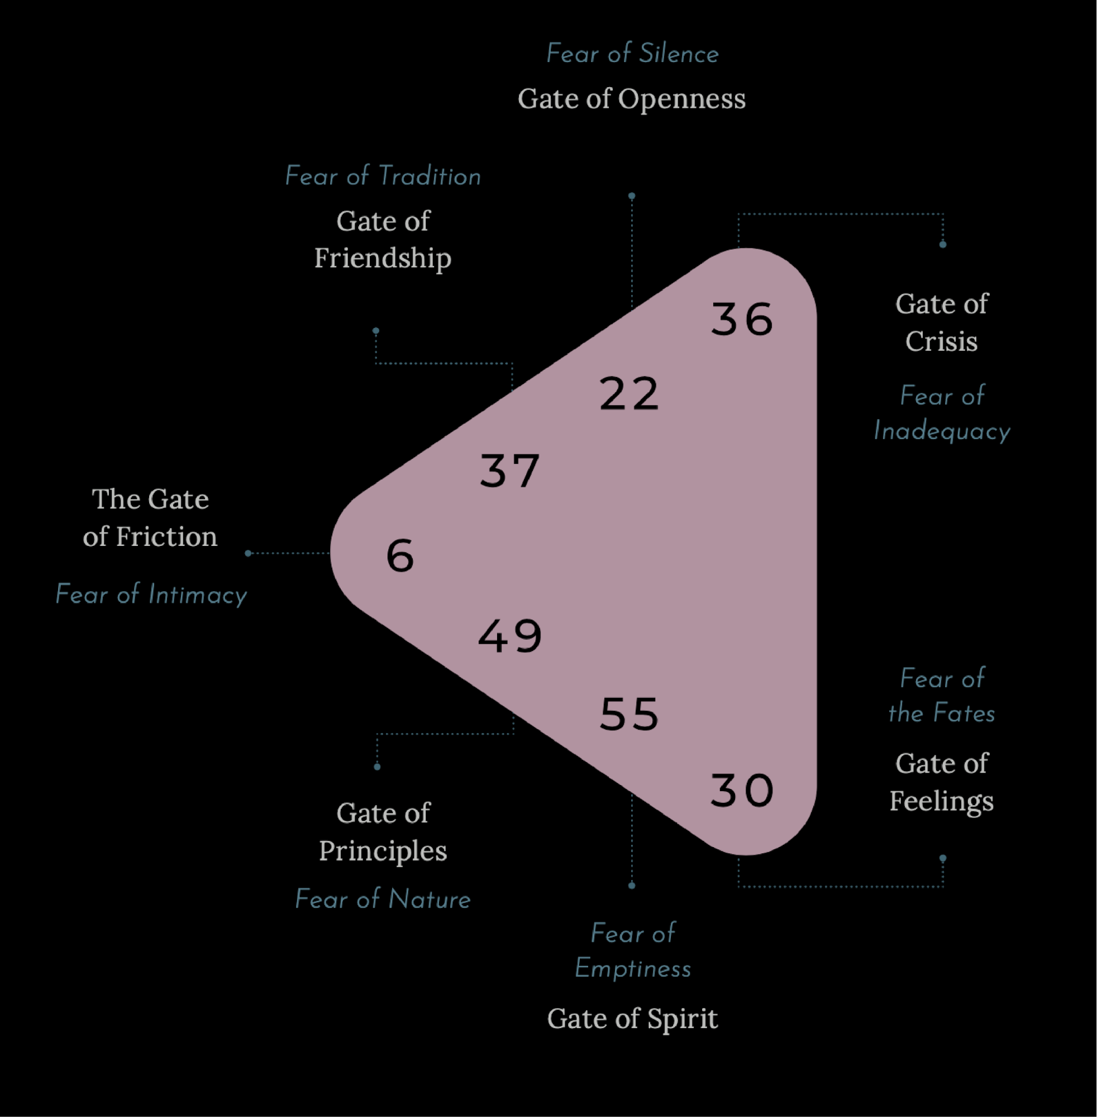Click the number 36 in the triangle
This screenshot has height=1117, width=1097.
[x=742, y=319]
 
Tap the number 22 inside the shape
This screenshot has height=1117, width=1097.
[x=628, y=394]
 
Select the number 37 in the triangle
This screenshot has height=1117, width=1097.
[x=509, y=471]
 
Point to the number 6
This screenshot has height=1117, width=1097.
[x=400, y=556]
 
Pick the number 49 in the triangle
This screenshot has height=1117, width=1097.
[x=510, y=636]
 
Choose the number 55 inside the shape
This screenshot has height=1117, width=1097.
[x=628, y=715]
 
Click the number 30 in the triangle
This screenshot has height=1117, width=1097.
[x=742, y=791]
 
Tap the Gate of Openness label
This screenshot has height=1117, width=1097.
[x=632, y=99]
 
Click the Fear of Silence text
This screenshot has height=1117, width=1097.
[x=632, y=54]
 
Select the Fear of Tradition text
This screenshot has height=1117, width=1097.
[x=383, y=177]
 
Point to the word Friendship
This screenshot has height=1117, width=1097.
[x=383, y=258]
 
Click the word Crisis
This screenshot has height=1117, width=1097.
[x=941, y=341]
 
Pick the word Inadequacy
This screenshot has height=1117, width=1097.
[x=941, y=432]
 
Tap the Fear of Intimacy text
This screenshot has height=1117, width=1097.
[x=151, y=594]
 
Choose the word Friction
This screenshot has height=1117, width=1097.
[x=166, y=536]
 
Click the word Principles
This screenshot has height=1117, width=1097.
[x=383, y=851]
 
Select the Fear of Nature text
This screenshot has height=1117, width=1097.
[x=383, y=899]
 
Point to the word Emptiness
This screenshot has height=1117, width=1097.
[x=633, y=969]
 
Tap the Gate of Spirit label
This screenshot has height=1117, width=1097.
[x=632, y=1019]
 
